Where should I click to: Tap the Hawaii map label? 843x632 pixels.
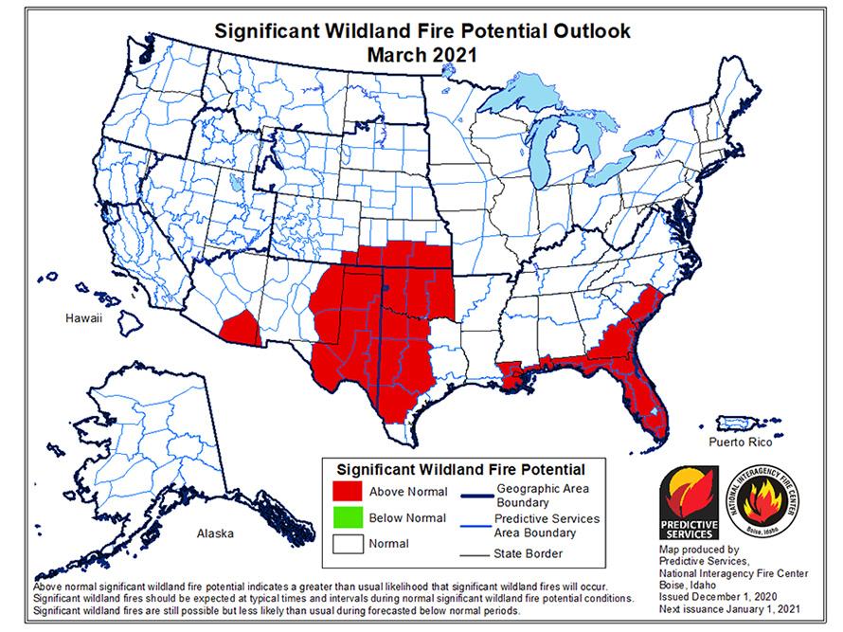82,318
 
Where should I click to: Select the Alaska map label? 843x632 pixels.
215,533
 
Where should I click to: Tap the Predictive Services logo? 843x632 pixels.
689,504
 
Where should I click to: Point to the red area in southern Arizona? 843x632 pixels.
238,328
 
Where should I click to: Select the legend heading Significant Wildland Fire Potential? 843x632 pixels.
461,469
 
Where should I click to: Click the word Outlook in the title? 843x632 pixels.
580,30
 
